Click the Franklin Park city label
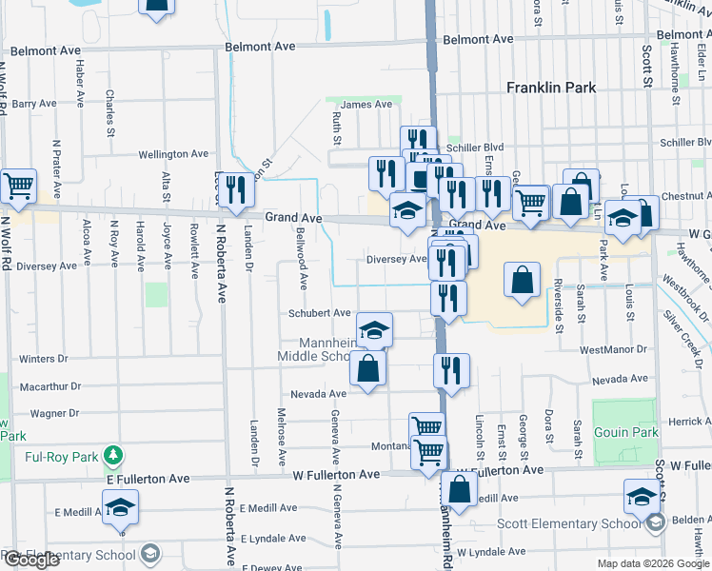(x=551, y=88)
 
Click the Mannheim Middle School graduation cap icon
(x=374, y=329)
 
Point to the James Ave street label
(x=366, y=105)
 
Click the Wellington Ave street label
(x=172, y=153)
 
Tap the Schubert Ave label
(x=320, y=312)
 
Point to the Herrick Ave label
(x=689, y=422)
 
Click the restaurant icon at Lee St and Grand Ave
(x=237, y=188)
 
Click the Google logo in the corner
(x=30, y=560)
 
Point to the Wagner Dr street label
(x=53, y=413)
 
